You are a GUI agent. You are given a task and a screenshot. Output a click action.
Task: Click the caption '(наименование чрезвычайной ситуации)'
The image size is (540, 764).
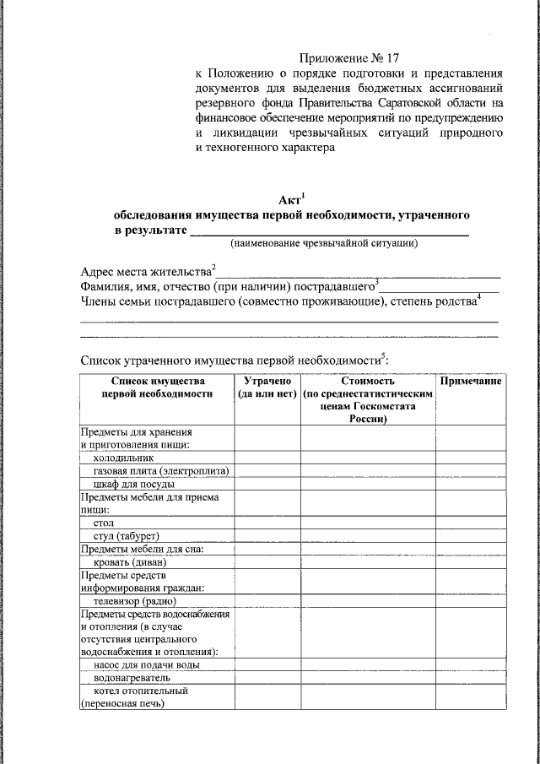[325, 244]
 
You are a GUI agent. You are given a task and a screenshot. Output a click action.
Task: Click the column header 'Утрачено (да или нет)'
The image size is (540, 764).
[267, 387]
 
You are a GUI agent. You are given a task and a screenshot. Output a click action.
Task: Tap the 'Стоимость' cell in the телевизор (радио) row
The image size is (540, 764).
[369, 601]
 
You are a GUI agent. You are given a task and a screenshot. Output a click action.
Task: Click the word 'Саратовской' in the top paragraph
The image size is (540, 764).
[402, 102]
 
